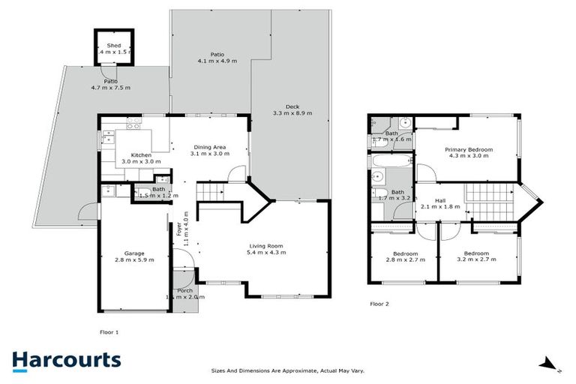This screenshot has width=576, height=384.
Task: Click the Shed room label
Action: (113, 46)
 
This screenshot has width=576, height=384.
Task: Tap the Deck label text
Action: (292, 106)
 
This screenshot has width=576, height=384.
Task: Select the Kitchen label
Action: (131, 155)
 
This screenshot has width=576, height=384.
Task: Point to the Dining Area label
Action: (210, 147)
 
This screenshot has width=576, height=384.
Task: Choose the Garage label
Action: (134, 253)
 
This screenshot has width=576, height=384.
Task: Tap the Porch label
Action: (184, 291)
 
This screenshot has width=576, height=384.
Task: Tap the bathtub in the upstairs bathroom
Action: (390, 160)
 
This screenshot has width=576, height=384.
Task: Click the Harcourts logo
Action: (66, 360)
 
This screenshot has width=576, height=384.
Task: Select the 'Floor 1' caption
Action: (109, 331)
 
